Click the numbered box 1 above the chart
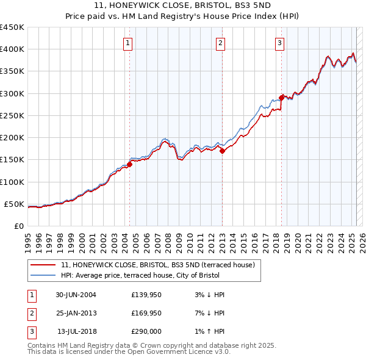128,43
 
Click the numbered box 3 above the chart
279,43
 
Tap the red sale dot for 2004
130,164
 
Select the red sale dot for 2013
222,151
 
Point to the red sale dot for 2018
281,98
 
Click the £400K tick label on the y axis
12,49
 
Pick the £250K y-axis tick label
12,115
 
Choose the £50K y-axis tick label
15,204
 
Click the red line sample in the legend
43,265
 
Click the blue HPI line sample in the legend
43,276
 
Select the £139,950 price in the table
146,295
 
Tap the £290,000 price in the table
146,331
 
